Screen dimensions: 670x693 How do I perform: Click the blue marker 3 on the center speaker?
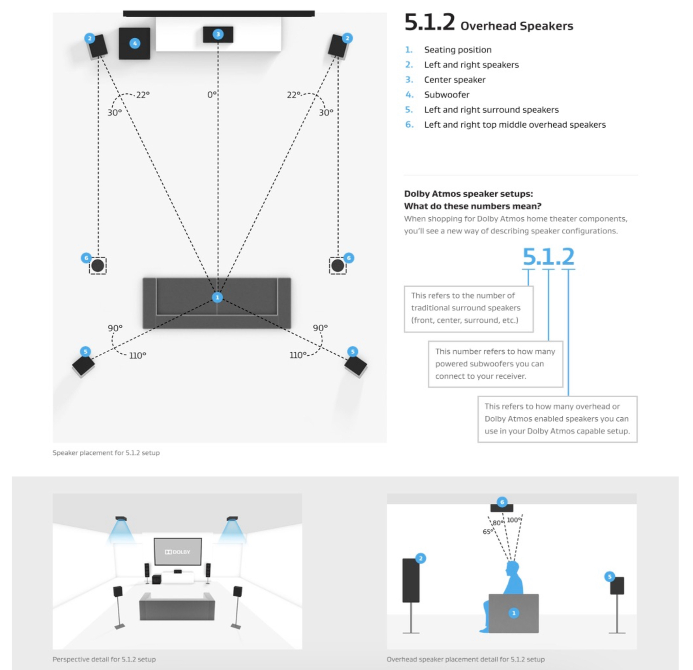(218, 34)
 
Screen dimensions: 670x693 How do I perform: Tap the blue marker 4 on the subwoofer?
(135, 43)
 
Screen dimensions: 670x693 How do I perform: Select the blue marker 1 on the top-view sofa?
(217, 297)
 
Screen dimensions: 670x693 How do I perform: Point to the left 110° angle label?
(137, 355)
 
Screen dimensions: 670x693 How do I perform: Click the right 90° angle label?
(320, 328)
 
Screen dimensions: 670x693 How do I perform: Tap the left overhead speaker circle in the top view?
(98, 266)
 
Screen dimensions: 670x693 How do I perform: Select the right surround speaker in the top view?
(356, 366)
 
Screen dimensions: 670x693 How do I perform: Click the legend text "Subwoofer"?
(446, 95)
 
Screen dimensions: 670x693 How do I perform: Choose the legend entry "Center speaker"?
(455, 80)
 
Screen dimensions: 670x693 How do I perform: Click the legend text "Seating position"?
(458, 50)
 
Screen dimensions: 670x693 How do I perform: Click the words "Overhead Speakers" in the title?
(516, 26)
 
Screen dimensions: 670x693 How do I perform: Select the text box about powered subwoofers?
(495, 364)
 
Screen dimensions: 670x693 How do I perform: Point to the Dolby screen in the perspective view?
(177, 552)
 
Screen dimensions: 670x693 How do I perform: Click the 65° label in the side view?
(487, 531)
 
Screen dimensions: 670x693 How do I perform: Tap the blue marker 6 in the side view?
(502, 502)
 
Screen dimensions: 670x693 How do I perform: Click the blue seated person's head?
(512, 568)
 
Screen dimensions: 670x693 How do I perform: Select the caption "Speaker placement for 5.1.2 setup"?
(106, 453)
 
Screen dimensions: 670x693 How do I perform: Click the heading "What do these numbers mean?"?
(473, 206)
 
